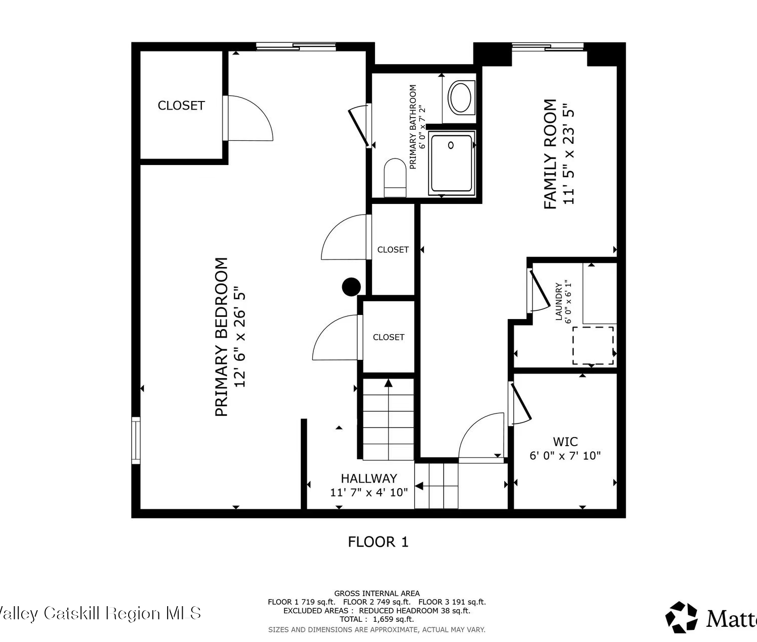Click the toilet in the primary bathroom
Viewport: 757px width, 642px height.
[x=395, y=178]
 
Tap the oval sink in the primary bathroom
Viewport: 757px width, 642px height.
[x=460, y=98]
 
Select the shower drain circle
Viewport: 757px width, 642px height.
[x=451, y=145]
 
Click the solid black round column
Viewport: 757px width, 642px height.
[x=351, y=287]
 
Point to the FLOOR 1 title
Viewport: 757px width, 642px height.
[x=378, y=542]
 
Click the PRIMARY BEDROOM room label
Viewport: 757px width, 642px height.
[x=222, y=337]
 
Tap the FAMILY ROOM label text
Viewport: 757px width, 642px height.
[x=550, y=154]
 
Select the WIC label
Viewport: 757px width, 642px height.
[x=565, y=442]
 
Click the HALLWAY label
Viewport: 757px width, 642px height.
[x=369, y=478]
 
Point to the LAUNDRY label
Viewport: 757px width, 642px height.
[x=559, y=301]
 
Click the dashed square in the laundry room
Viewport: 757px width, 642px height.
[x=593, y=346]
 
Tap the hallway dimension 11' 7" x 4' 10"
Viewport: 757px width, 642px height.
[x=369, y=492]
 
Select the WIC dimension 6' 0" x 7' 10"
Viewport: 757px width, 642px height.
[x=565, y=456]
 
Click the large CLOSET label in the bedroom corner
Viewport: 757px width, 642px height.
[x=181, y=105]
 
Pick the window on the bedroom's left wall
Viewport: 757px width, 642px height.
[x=136, y=441]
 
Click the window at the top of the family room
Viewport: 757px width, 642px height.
[x=548, y=46]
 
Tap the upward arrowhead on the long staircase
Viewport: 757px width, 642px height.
[x=388, y=383]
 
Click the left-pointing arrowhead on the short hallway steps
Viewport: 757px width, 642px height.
[x=419, y=486]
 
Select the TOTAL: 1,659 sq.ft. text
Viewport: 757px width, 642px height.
[x=376, y=619]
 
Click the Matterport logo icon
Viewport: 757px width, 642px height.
[x=681, y=617]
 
